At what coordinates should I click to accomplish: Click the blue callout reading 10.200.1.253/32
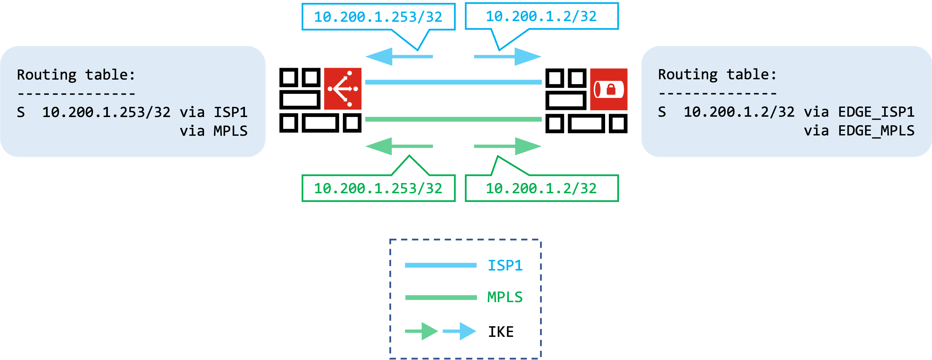click(378, 17)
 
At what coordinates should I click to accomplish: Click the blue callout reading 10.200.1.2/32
click(541, 16)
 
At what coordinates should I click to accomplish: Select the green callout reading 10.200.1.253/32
click(378, 189)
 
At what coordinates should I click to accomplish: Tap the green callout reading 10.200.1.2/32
click(541, 189)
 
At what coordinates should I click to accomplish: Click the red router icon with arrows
click(343, 89)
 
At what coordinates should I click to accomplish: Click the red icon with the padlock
click(609, 89)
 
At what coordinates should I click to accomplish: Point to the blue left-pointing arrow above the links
click(398, 56)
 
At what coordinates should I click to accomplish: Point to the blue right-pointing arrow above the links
click(508, 56)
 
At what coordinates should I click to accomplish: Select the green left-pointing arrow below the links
click(398, 146)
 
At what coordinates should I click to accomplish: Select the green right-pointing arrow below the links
click(508, 146)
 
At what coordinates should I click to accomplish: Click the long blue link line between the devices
click(453, 82)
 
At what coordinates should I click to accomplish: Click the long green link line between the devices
click(453, 119)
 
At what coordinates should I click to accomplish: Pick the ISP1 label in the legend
click(505, 265)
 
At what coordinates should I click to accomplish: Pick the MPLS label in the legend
click(505, 297)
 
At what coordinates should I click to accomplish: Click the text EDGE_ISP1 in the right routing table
click(876, 112)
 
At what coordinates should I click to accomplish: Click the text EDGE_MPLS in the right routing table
click(876, 131)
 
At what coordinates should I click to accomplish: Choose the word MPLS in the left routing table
click(230, 131)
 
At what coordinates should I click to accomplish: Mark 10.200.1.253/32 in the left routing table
click(106, 113)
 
